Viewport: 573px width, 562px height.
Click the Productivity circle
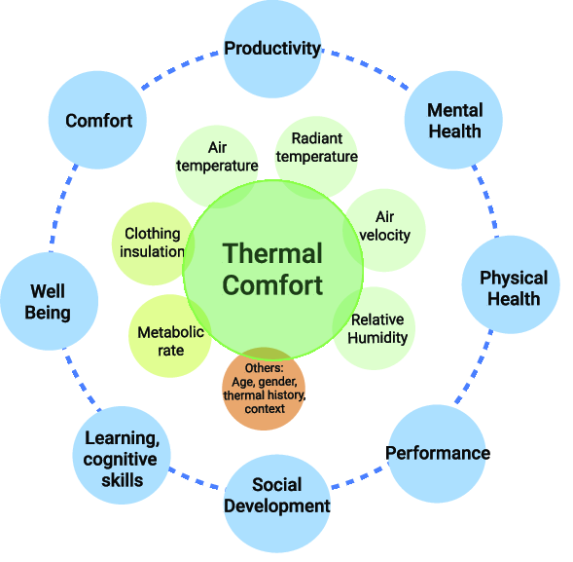(272, 49)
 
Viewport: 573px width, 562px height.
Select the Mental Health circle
(453, 120)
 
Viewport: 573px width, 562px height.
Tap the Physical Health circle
(511, 284)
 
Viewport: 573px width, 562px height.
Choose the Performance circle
(437, 454)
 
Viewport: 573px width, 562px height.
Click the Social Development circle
(276, 504)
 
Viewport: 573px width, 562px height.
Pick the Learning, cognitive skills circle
(122, 456)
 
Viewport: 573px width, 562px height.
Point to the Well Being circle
(50, 301)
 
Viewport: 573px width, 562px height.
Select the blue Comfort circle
(97, 120)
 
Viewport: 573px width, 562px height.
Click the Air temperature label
(217, 157)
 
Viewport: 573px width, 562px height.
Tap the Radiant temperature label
(317, 147)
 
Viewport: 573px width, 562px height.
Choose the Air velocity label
(385, 226)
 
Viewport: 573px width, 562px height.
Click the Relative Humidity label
(377, 328)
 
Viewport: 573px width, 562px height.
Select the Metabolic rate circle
(170, 336)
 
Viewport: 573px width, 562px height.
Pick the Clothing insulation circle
(153, 244)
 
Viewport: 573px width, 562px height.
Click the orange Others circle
(264, 389)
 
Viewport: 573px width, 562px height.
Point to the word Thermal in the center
(272, 253)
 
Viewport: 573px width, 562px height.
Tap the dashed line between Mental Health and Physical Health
(486, 202)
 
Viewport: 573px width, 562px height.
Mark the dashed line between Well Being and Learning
(83, 379)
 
